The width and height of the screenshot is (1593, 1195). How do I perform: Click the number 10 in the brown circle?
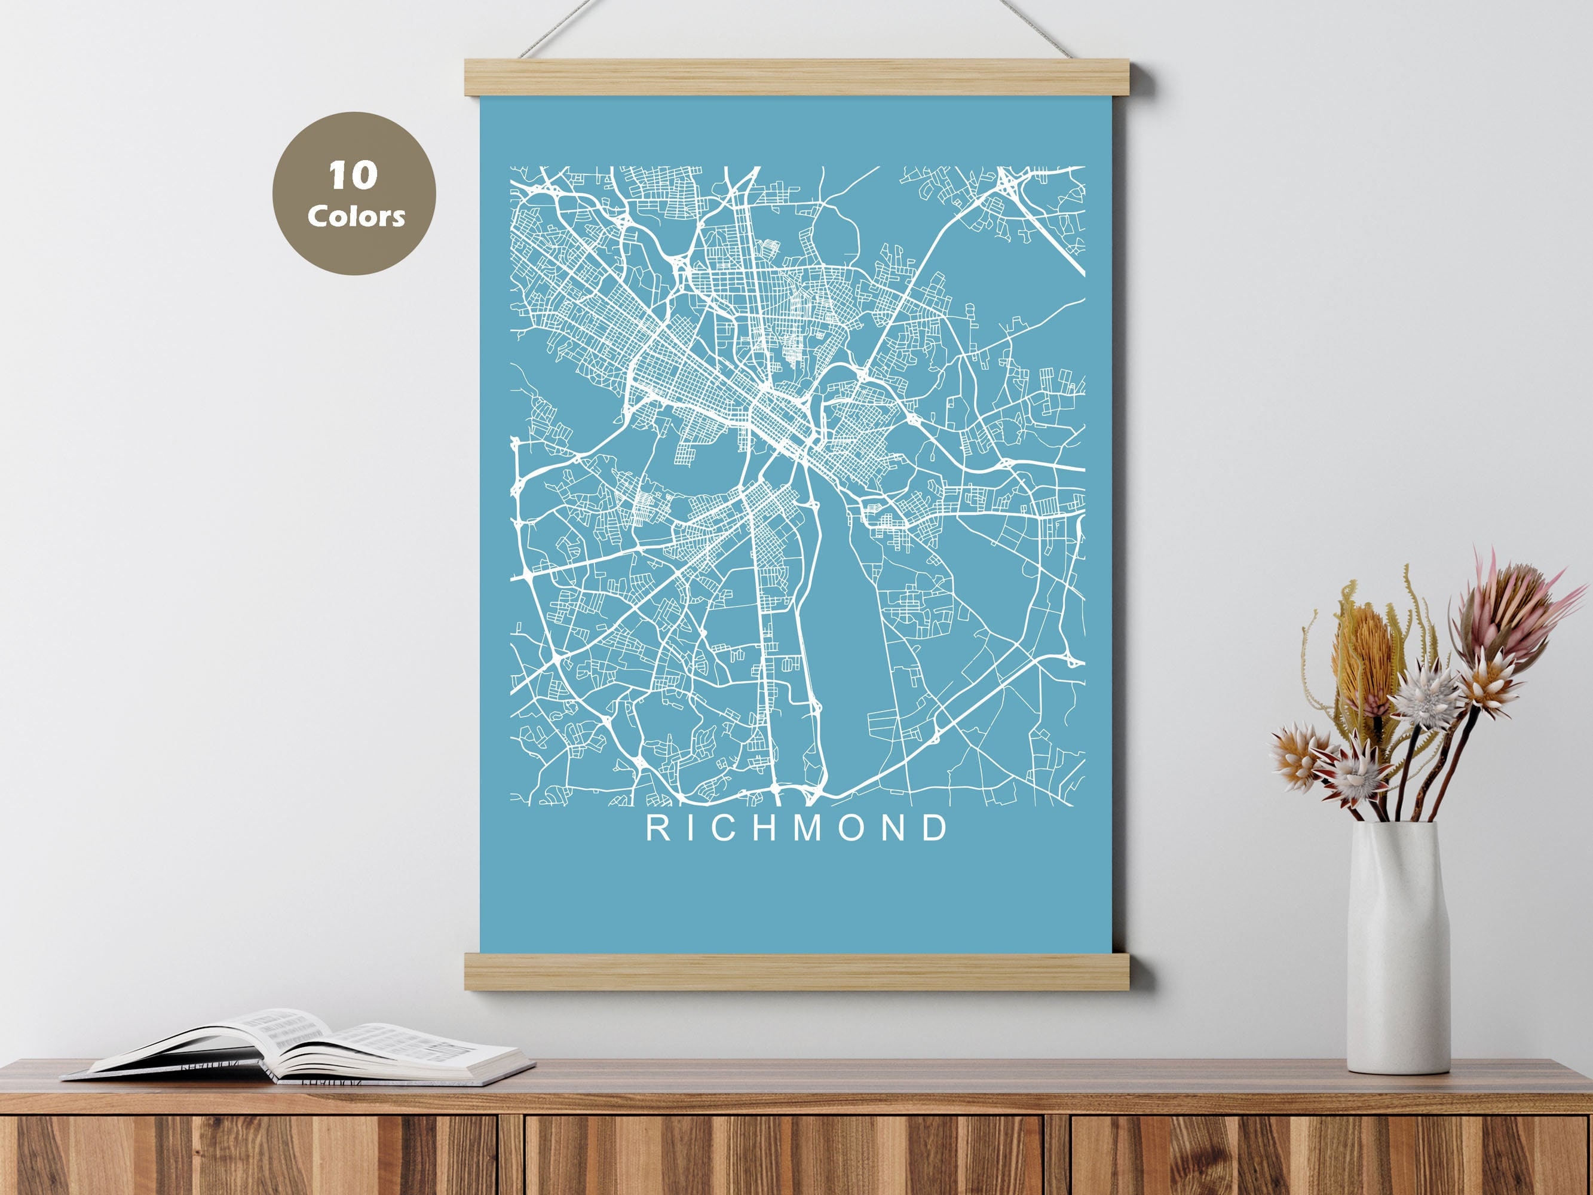[353, 176]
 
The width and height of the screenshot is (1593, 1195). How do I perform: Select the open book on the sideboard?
[302, 1048]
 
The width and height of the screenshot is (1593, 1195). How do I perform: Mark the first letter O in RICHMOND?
[850, 828]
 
